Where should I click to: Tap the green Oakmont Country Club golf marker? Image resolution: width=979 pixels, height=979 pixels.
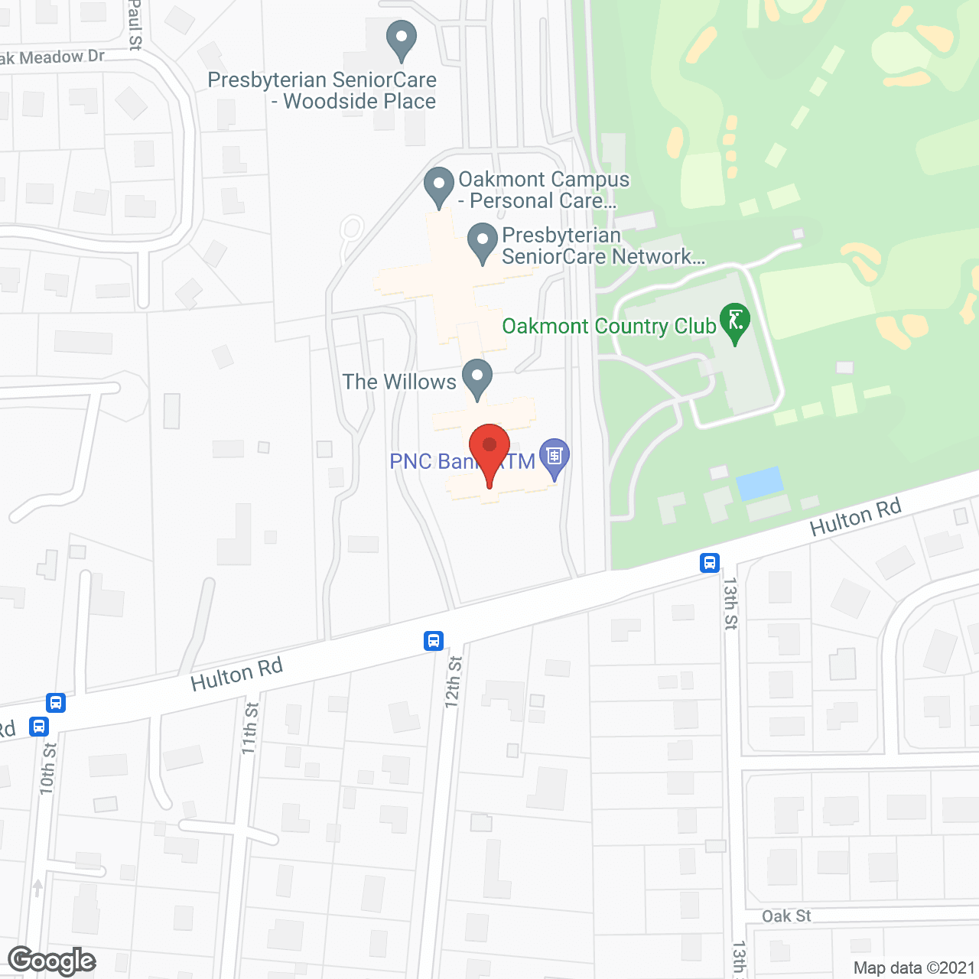pyautogui.click(x=735, y=322)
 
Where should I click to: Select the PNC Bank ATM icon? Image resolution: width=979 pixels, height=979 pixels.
pyautogui.click(x=555, y=457)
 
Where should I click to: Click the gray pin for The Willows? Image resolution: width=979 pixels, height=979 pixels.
pyautogui.click(x=477, y=378)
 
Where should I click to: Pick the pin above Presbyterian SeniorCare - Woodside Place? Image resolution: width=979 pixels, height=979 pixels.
pyautogui.click(x=401, y=39)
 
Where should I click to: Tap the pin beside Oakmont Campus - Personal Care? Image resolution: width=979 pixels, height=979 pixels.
pyautogui.click(x=439, y=186)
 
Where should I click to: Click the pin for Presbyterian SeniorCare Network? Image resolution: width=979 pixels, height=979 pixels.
pyautogui.click(x=483, y=241)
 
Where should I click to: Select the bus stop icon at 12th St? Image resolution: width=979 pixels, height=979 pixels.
pyautogui.click(x=434, y=640)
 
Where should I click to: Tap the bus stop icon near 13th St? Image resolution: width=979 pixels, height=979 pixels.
pyautogui.click(x=710, y=563)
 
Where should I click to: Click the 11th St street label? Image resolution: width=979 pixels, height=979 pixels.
pyautogui.click(x=250, y=728)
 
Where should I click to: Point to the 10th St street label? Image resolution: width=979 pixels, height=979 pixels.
pyautogui.click(x=48, y=768)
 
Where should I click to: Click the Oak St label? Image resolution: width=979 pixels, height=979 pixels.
pyautogui.click(x=786, y=916)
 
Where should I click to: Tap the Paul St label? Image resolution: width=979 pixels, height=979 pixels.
pyautogui.click(x=135, y=24)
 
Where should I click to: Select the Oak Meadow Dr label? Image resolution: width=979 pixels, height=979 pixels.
pyautogui.click(x=52, y=57)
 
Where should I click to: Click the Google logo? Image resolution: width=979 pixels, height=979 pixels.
pyautogui.click(x=52, y=961)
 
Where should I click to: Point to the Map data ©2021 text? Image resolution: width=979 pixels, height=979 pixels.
pyautogui.click(x=914, y=968)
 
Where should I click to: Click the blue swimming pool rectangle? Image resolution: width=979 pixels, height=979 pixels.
pyautogui.click(x=759, y=483)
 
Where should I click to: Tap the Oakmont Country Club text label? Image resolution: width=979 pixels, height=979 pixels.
pyautogui.click(x=609, y=327)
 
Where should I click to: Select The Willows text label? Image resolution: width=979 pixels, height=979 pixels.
pyautogui.click(x=399, y=382)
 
